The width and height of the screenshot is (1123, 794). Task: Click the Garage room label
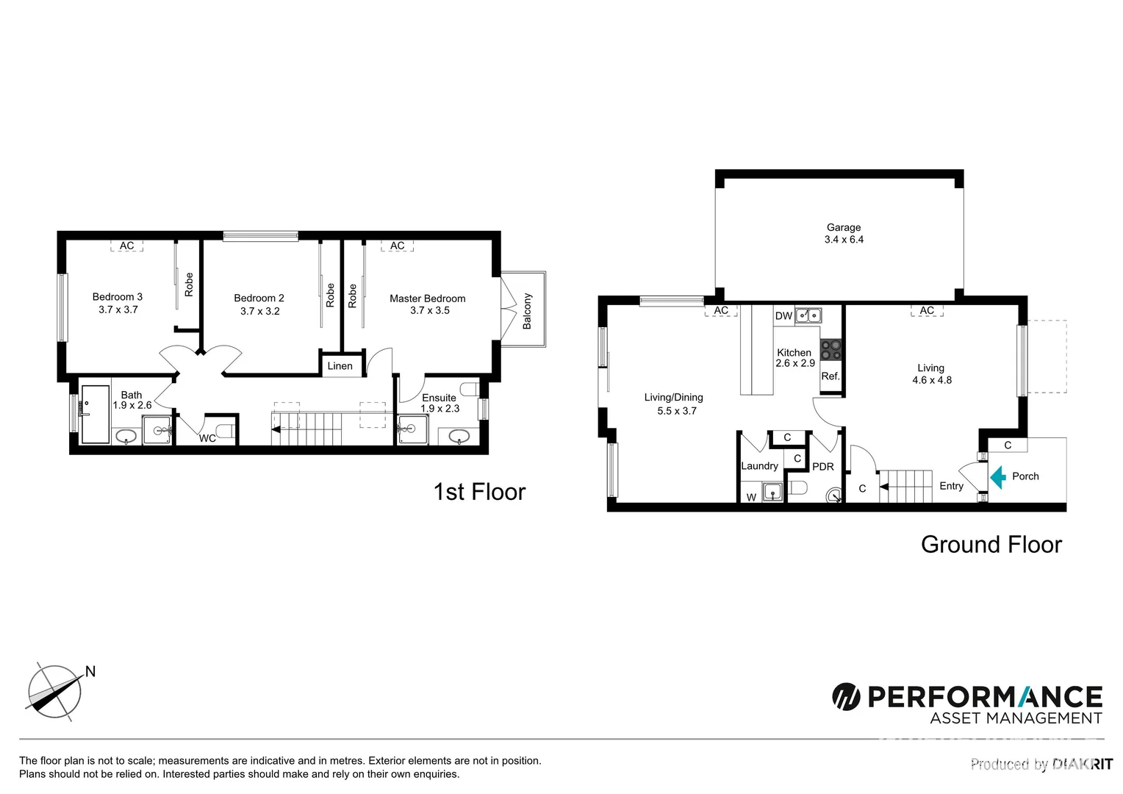coord(843,228)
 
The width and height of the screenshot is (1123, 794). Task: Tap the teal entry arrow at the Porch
coord(997,477)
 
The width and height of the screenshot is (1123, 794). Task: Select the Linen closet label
coord(340,366)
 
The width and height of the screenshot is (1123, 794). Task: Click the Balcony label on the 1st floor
coord(527,311)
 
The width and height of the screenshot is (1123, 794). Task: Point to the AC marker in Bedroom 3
coord(126,246)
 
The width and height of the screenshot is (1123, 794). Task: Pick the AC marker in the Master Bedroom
coord(397,246)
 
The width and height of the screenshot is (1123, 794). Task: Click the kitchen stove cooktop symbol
coord(830,349)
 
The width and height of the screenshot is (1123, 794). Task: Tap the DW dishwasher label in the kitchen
coord(783,316)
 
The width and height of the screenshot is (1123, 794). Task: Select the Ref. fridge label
coord(830,376)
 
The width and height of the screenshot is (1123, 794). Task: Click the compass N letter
coord(90,671)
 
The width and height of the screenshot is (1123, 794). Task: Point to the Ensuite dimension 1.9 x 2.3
coord(439,409)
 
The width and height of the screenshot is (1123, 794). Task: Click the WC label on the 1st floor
coord(207,439)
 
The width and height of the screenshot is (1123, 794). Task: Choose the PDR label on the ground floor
coord(822,467)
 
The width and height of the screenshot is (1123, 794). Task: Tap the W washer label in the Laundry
coord(751,498)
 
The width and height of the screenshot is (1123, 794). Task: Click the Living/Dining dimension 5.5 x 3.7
coord(676,411)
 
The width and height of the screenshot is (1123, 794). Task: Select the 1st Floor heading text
coord(479,492)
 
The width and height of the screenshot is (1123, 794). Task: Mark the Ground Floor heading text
coord(991,545)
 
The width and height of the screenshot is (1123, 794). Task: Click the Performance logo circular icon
coord(846,696)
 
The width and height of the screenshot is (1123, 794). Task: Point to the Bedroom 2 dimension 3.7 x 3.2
coord(259,311)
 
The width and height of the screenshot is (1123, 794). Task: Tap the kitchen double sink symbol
coord(808,316)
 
